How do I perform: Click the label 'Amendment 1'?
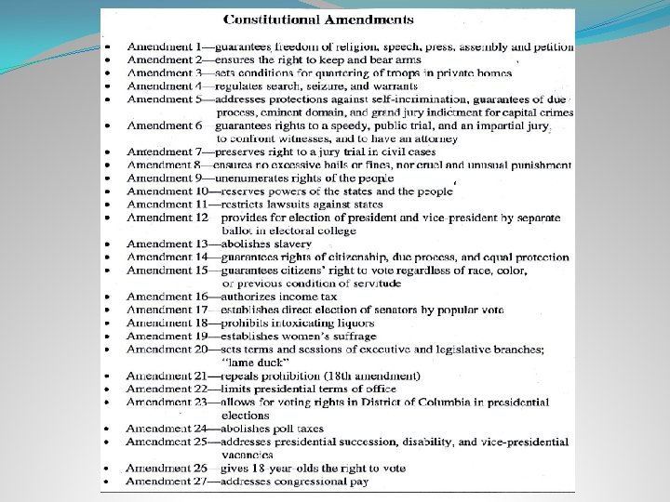[x=165, y=46]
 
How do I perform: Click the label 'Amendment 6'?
[x=165, y=125]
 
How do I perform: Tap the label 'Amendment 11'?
[x=168, y=204]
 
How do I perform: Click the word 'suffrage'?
[x=351, y=336]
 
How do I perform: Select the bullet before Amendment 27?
[x=109, y=482]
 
